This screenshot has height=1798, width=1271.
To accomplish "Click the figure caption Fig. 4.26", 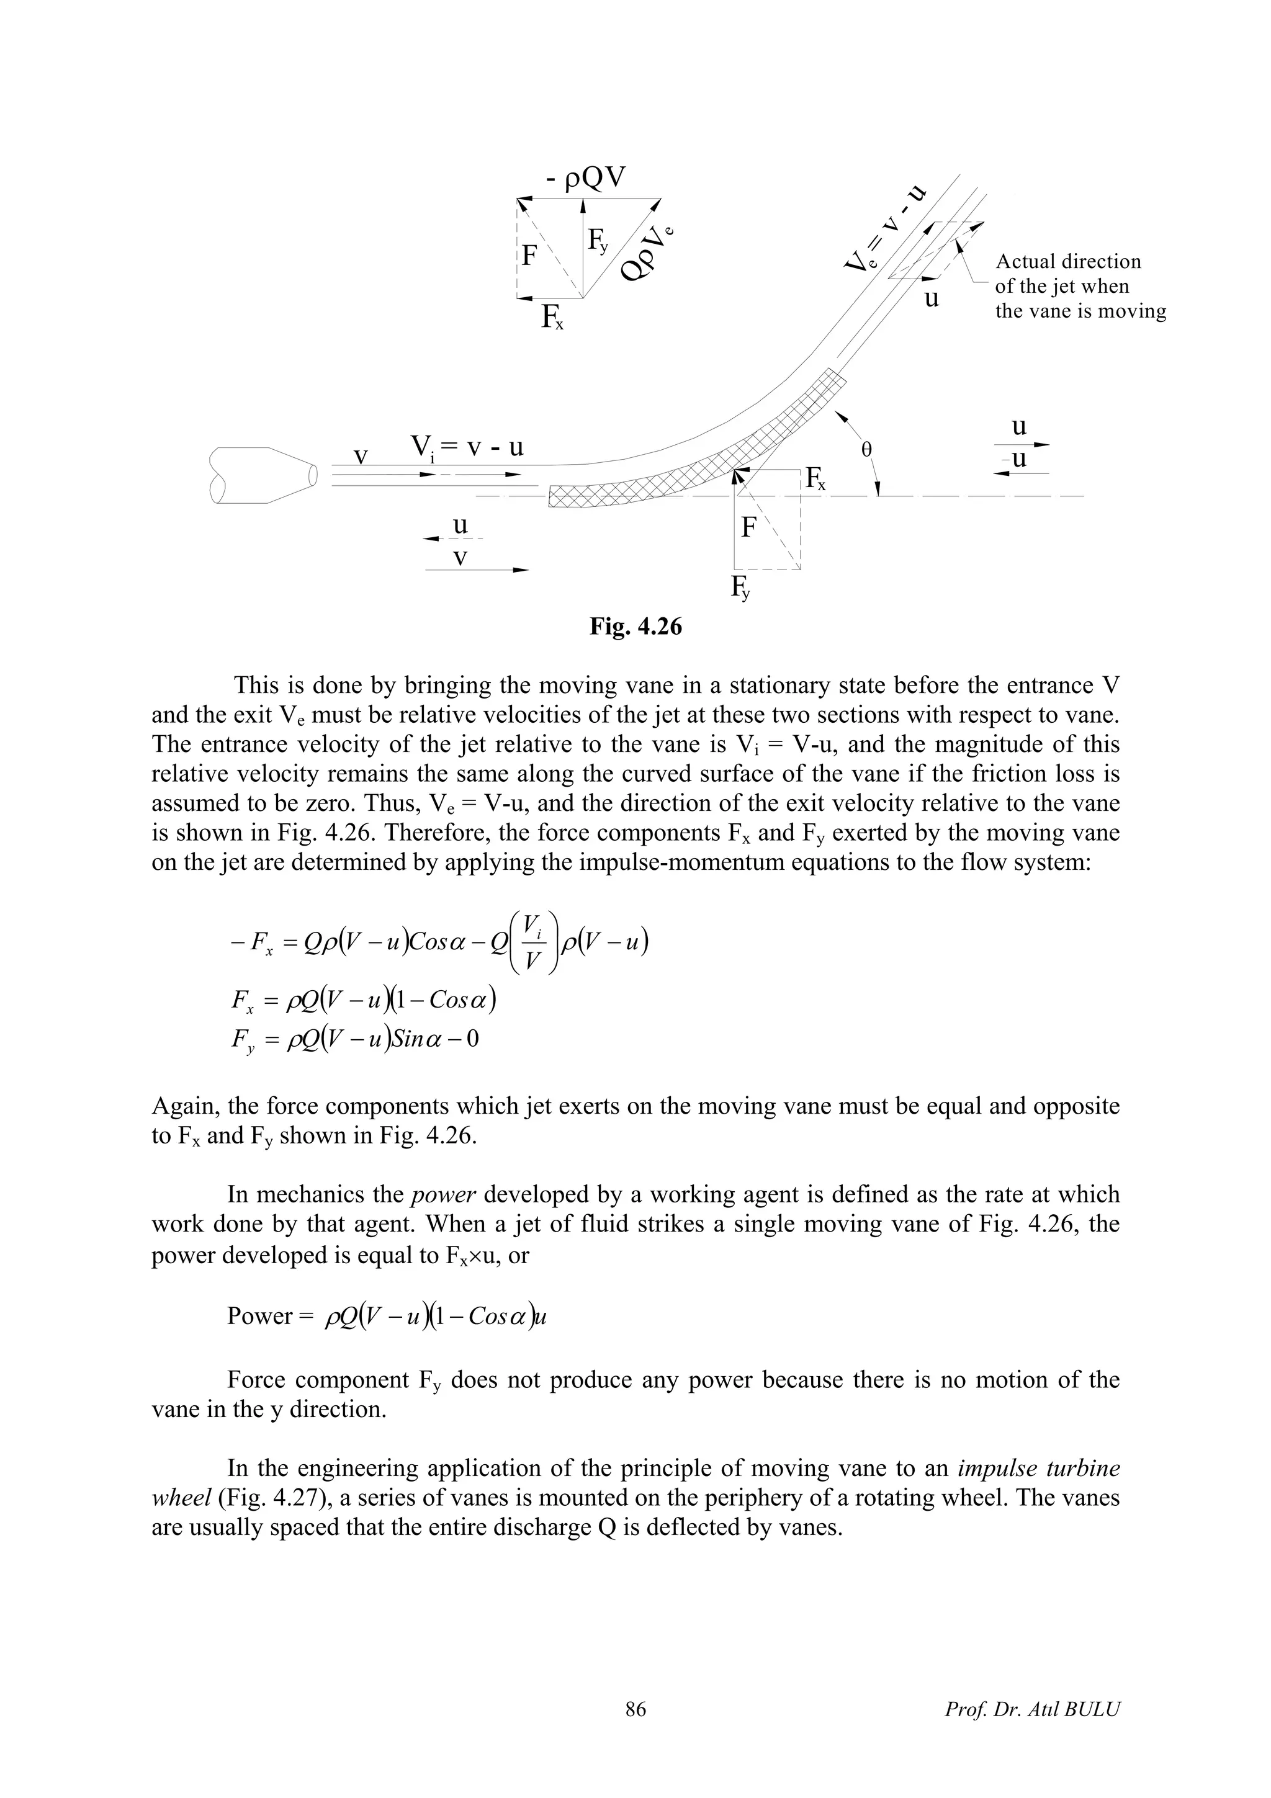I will (636, 627).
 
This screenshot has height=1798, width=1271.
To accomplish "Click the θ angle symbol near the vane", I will (866, 450).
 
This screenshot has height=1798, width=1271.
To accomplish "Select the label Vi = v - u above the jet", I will (467, 448).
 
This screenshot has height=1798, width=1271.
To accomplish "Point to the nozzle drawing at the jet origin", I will (263, 475).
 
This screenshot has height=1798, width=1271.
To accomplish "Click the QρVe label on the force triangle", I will (647, 253).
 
